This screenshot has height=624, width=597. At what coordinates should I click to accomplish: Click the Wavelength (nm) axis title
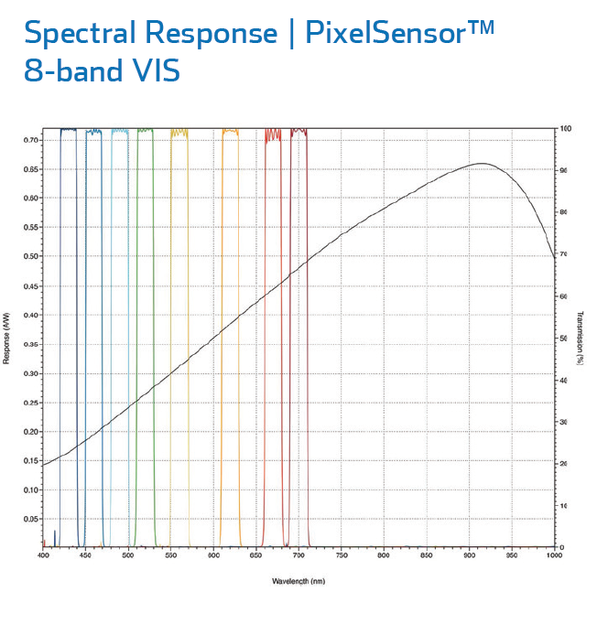tap(298, 581)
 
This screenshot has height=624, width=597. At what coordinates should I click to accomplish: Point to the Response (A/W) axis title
tap(7, 337)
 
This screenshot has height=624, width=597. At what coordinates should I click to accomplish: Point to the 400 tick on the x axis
tap(43, 555)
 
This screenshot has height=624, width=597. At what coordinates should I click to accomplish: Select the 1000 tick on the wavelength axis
tap(552, 555)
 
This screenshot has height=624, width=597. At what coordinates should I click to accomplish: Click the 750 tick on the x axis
tap(341, 555)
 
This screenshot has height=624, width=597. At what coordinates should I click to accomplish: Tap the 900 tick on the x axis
tap(469, 555)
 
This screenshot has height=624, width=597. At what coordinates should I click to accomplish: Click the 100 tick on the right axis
tap(567, 129)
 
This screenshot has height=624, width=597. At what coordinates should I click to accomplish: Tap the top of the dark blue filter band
tap(69, 130)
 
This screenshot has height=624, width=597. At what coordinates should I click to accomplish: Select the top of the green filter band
tap(145, 130)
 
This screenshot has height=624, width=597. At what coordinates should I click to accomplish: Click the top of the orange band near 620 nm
tap(230, 131)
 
